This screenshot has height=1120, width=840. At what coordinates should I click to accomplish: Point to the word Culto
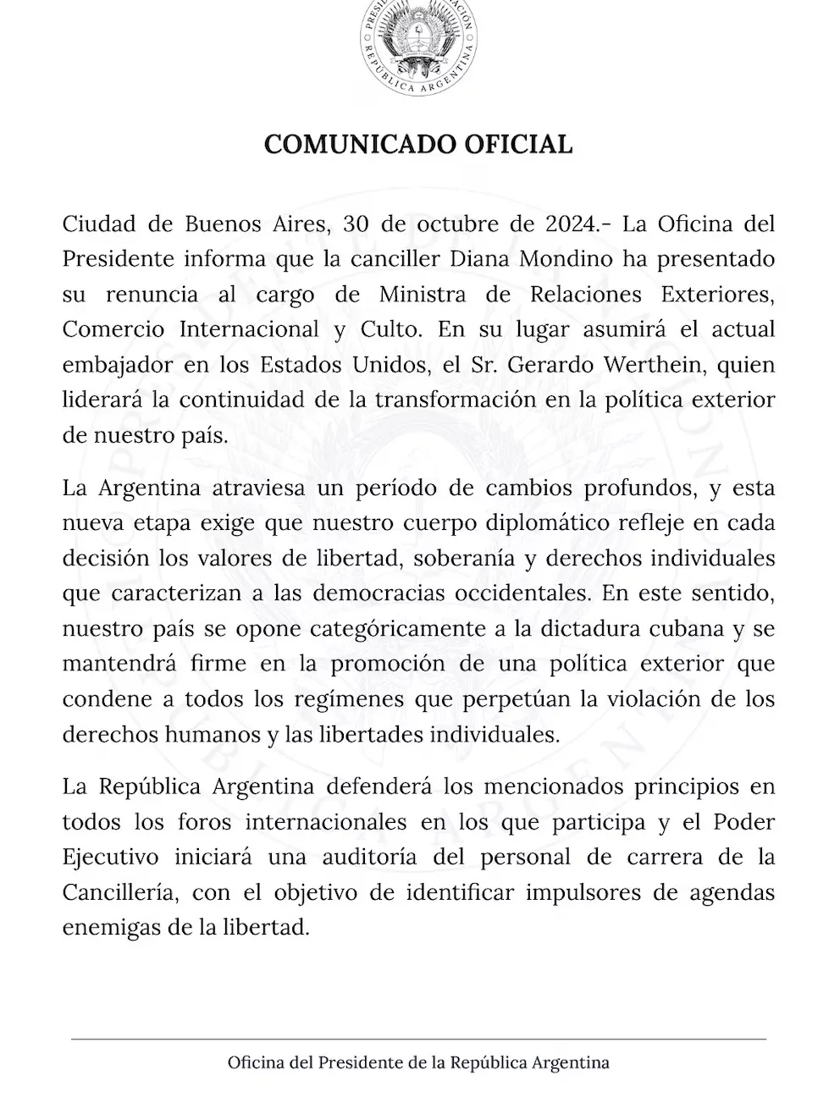pos(390,329)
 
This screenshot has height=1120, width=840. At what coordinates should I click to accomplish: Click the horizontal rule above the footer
pos(418,1039)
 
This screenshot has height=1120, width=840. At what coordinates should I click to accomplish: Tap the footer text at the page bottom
pos(418,1062)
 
